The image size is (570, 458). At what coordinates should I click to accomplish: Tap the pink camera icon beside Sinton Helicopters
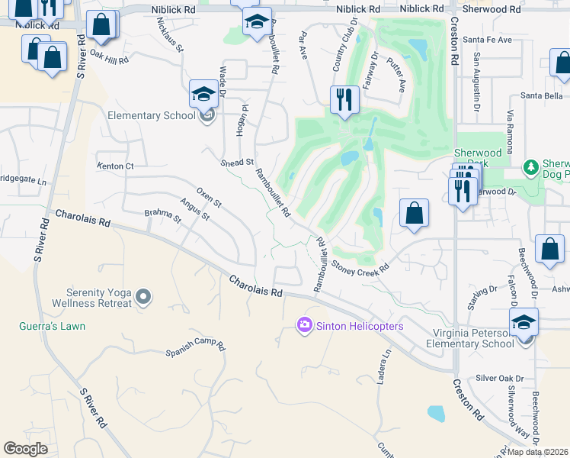(x=305, y=327)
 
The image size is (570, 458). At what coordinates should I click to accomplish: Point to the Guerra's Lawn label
(x=52, y=326)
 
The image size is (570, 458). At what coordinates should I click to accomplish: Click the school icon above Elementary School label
(x=203, y=95)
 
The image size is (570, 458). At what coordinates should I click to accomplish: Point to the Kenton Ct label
(x=115, y=166)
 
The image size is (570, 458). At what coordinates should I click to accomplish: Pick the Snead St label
(x=237, y=163)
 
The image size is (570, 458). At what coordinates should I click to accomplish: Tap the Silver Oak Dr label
(x=500, y=378)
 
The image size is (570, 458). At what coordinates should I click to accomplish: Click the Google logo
(x=26, y=449)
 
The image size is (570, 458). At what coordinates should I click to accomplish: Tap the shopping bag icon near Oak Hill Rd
(x=101, y=26)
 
